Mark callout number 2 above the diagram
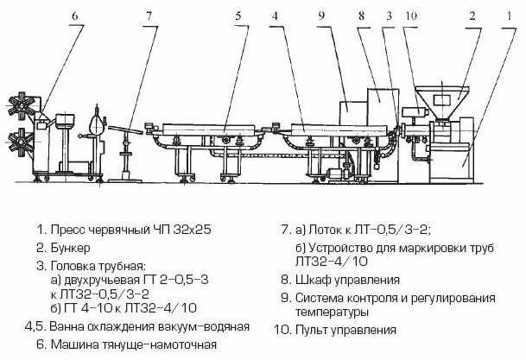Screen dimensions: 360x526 472,16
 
